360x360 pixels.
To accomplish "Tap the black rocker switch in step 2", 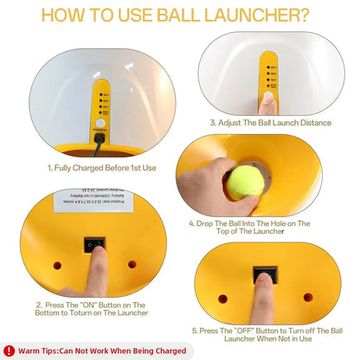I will click(91, 246).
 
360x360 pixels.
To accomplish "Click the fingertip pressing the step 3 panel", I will click(269, 102).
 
